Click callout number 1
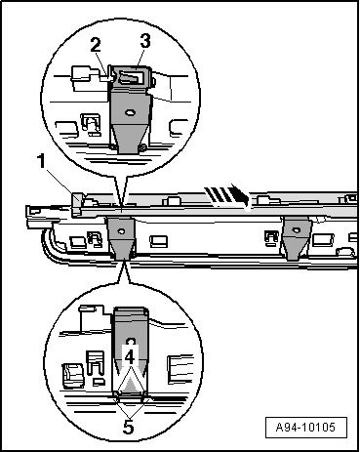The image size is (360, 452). point(41,161)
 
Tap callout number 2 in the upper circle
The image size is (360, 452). point(96,45)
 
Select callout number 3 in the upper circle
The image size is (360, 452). point(145,41)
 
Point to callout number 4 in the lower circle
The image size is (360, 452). point(130,357)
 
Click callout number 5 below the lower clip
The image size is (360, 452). point(128,428)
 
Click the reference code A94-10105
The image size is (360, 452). point(305,427)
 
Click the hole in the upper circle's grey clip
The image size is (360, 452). point(130,113)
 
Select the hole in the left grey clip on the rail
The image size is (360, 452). point(121,231)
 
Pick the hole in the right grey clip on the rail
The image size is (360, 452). point(296,230)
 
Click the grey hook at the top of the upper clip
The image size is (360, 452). point(131,77)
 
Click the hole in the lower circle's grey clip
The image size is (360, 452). point(131,342)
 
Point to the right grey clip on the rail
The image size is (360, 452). point(296,238)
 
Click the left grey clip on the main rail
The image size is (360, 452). point(122,238)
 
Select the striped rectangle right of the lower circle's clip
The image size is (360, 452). point(178,370)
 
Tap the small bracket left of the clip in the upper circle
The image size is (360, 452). point(92,124)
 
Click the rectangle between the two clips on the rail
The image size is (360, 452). point(158,241)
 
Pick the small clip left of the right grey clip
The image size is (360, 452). point(271,237)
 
